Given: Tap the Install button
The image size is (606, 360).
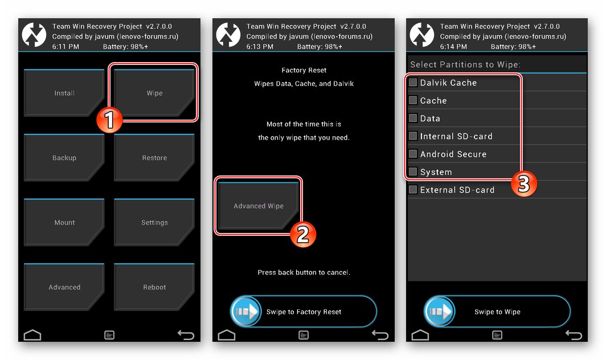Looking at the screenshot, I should tap(64, 93).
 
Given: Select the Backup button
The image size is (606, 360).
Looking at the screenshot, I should tap(64, 158).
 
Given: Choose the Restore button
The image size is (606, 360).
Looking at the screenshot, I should tap(154, 158).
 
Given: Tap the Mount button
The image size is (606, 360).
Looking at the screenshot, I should tap(64, 223).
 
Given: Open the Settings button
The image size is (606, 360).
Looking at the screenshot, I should tap(154, 223).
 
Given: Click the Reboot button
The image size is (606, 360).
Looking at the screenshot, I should tap(154, 288).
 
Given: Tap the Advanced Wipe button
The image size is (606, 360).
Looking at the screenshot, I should tap(258, 206).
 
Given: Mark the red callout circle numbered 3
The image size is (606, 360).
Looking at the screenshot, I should tap(523, 185).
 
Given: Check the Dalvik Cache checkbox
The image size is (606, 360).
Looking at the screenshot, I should tap(413, 83).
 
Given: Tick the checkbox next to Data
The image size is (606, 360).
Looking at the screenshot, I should tap(413, 118).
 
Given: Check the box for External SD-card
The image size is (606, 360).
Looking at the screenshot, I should tap(413, 190).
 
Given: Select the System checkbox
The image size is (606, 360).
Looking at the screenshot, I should tap(413, 172).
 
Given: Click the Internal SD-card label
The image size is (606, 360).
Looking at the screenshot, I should tap(456, 137).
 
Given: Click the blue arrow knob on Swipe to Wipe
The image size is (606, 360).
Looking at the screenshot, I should tap(440, 312).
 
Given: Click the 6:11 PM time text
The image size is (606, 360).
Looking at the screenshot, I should tap(65, 46).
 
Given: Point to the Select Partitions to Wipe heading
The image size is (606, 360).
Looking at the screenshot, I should tap(465, 65).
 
